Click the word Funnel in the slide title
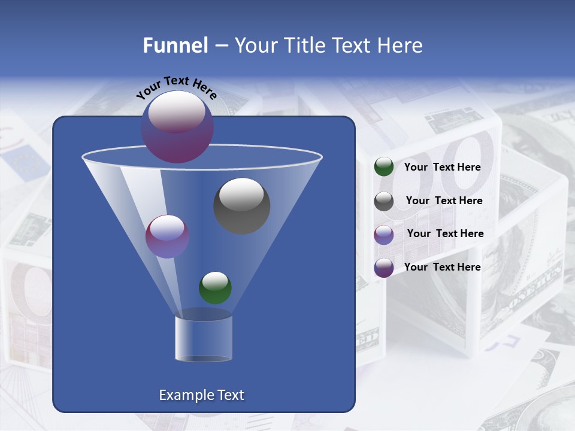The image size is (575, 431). tap(175, 45)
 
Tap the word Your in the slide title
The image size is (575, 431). tap(256, 45)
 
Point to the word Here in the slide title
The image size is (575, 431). tap(400, 45)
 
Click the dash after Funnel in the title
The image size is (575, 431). tap(220, 45)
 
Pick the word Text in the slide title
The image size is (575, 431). tap(353, 45)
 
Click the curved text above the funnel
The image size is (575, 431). tap(176, 87)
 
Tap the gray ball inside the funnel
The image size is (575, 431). tap(242, 207)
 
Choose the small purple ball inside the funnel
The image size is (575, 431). tap(167, 236)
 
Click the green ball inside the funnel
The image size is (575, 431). tap(215, 288)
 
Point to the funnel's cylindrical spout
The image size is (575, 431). tap(204, 339)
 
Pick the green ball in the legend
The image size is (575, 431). tap(384, 167)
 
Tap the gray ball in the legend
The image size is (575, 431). tap(384, 201)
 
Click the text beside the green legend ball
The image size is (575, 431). tap(442, 167)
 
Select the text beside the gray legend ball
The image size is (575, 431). tap(444, 201)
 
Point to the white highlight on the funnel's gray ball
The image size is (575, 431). tap(241, 194)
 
